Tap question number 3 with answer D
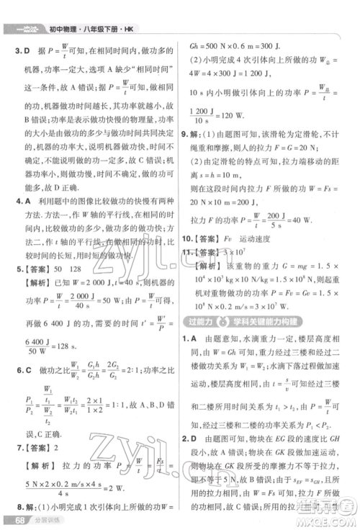20,51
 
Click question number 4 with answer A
20,202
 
